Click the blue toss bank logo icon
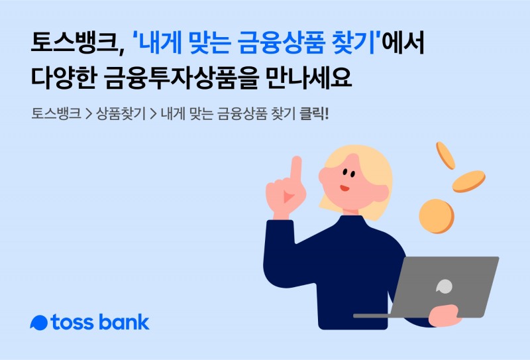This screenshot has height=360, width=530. pos(40,323)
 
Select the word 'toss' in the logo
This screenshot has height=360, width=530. pos(74,323)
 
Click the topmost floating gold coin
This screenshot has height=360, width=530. pos(445,155)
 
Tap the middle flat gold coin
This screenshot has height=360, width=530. pos(468,181)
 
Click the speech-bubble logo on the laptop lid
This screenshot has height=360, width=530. pos(444,286)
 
